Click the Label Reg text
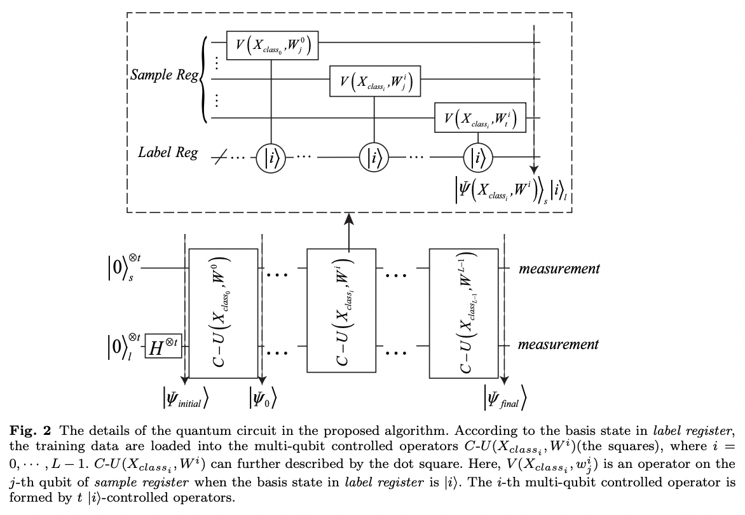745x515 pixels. coord(168,153)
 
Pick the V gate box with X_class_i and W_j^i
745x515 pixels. coord(374,81)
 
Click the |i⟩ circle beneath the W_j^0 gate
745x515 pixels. coord(273,156)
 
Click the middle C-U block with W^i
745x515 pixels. coord(343,311)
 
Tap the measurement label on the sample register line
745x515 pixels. coord(559,268)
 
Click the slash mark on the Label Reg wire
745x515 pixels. coord(218,156)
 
